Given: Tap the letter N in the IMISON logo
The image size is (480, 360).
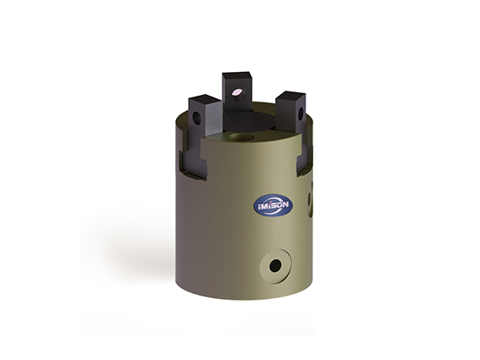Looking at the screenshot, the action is (x=284, y=204).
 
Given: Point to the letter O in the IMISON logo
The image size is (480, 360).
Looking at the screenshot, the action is (x=278, y=205).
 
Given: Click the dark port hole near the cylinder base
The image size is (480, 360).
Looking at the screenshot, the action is (x=275, y=265).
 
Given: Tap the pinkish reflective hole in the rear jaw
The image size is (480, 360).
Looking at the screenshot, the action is (x=236, y=92).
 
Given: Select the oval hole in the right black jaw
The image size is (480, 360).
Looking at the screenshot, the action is (x=301, y=113).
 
